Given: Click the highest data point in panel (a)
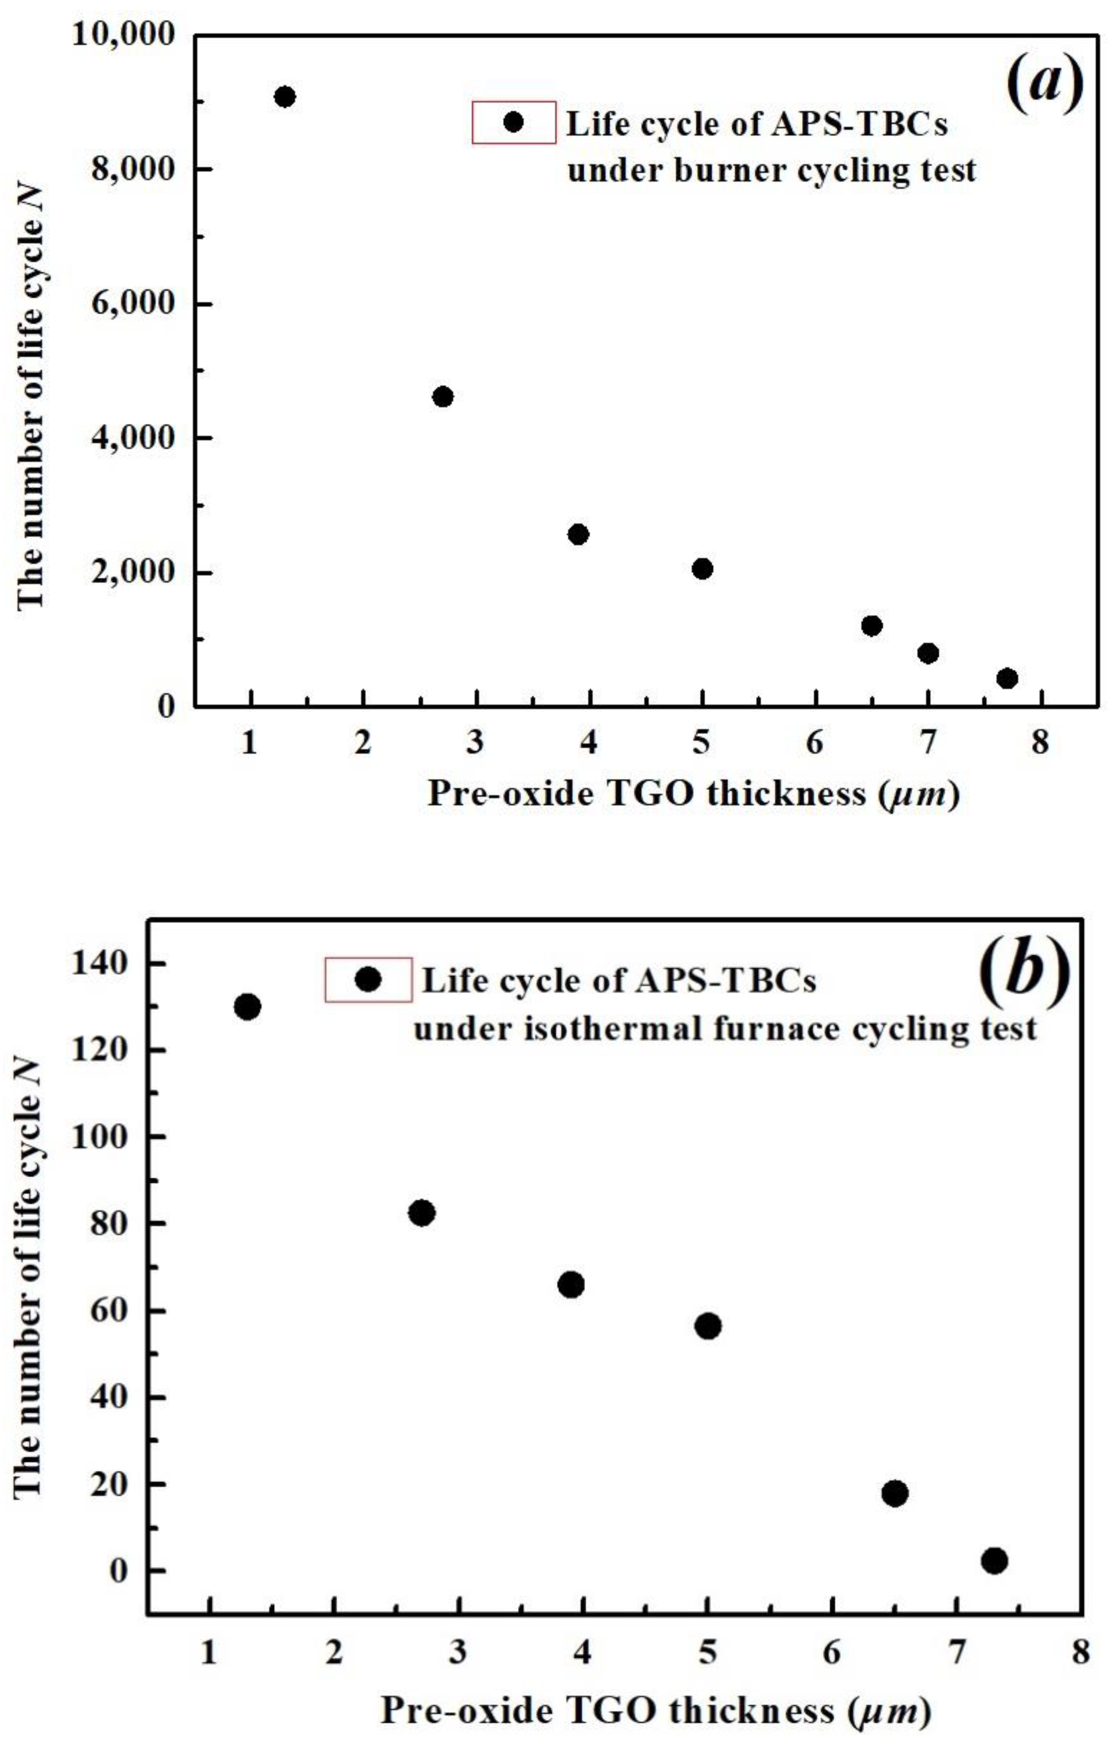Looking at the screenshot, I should [285, 96].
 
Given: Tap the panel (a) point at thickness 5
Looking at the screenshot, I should [702, 568].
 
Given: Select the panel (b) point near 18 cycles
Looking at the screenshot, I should [895, 1493].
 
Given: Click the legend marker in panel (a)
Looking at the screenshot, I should [514, 122].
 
